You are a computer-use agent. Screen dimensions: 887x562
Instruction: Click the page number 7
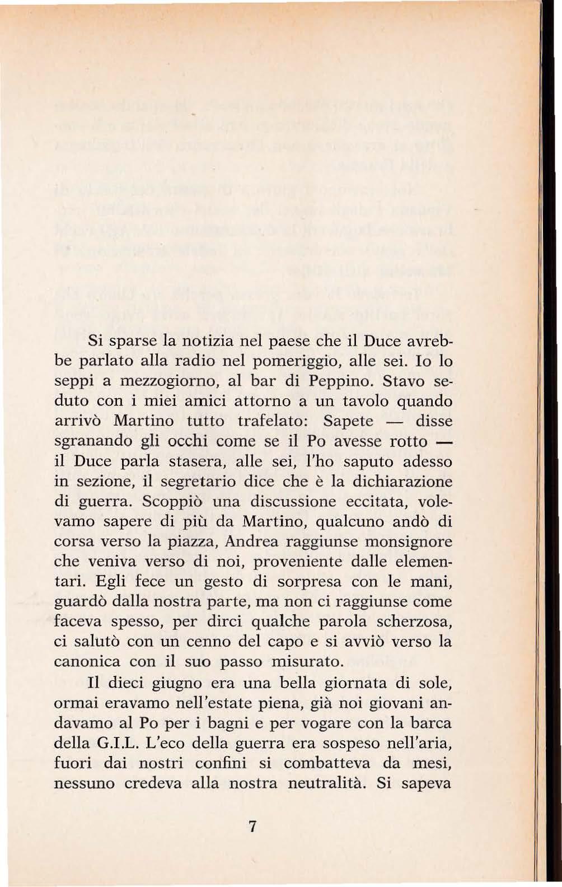click(x=253, y=826)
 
